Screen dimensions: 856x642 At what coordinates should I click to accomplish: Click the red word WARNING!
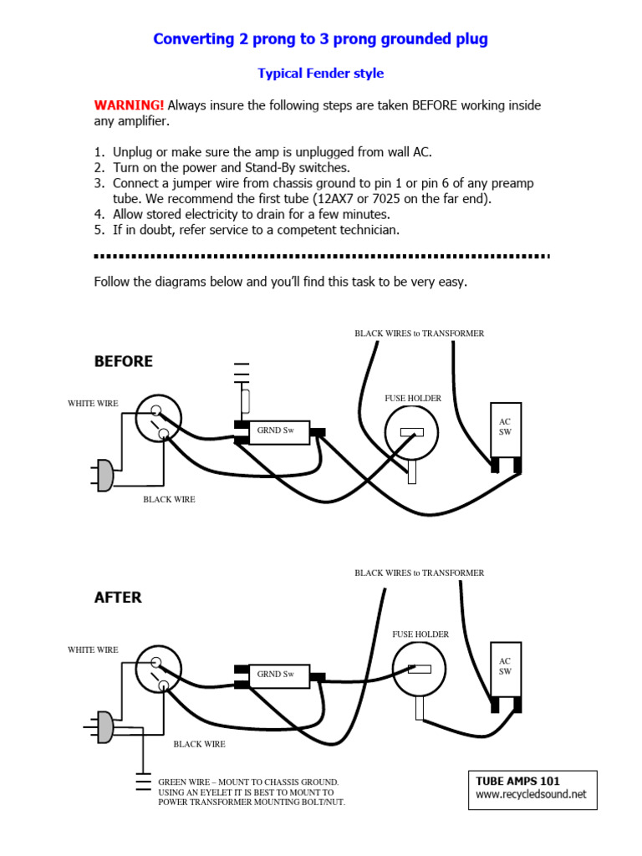[x=129, y=105]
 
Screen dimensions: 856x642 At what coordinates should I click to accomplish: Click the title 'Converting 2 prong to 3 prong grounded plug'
[x=320, y=39]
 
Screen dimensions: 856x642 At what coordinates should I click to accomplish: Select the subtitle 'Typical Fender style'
[x=320, y=74]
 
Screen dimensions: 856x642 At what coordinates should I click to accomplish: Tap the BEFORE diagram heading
[x=124, y=361]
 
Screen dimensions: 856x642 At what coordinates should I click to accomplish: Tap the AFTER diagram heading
[x=118, y=598]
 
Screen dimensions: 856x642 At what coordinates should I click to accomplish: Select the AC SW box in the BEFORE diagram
[x=505, y=430]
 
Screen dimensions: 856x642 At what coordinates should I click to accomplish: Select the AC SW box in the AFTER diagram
[x=505, y=670]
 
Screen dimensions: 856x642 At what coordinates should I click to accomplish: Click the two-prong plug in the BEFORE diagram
[x=104, y=475]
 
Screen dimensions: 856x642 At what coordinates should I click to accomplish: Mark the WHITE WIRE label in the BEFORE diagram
[x=93, y=404]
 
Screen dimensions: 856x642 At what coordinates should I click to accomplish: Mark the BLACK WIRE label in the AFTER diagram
[x=199, y=743]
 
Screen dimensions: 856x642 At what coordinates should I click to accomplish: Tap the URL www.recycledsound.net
[x=531, y=794]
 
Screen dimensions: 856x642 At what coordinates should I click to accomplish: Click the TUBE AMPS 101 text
[x=517, y=781]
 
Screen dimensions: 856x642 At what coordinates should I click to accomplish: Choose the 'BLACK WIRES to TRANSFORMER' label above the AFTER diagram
[x=419, y=573]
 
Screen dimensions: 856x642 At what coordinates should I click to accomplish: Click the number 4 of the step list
[x=99, y=214]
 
